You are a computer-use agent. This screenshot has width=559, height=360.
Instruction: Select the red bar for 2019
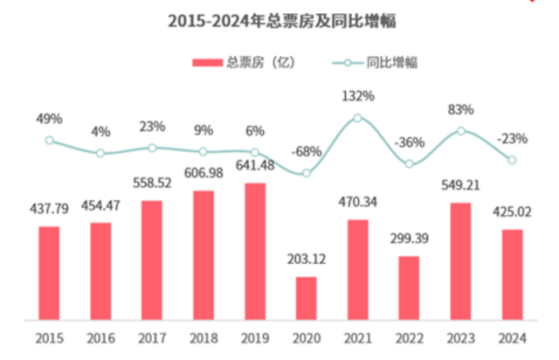click(254, 250)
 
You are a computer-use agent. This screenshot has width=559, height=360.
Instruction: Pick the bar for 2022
click(409, 287)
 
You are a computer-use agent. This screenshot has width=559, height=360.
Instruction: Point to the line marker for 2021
click(357, 117)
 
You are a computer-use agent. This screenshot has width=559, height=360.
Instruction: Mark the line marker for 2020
click(306, 174)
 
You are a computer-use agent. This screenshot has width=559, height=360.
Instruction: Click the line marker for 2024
click(512, 159)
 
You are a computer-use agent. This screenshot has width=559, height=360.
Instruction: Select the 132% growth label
click(357, 94)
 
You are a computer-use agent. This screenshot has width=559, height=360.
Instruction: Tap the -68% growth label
click(306, 152)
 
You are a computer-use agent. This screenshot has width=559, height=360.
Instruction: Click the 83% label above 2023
click(460, 109)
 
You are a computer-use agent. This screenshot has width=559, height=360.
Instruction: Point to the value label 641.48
click(255, 168)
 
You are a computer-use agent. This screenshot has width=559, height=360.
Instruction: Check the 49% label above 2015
click(49, 118)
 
